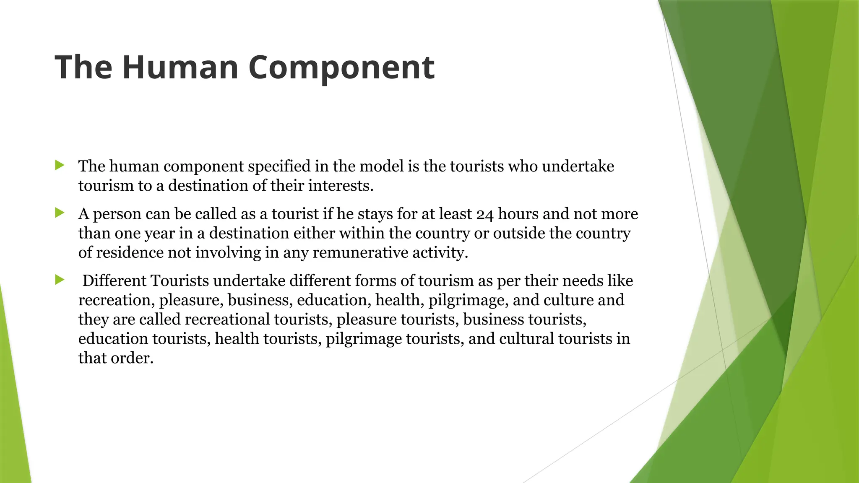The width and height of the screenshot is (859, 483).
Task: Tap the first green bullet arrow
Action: [60, 165]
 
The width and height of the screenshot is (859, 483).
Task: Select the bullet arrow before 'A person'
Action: [60, 213]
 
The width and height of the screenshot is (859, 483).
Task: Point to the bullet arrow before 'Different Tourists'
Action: [60, 280]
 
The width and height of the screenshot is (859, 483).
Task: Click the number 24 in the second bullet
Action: [485, 214]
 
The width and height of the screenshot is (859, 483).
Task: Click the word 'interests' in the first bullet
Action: [340, 186]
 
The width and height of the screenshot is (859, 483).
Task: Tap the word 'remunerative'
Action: [360, 253]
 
